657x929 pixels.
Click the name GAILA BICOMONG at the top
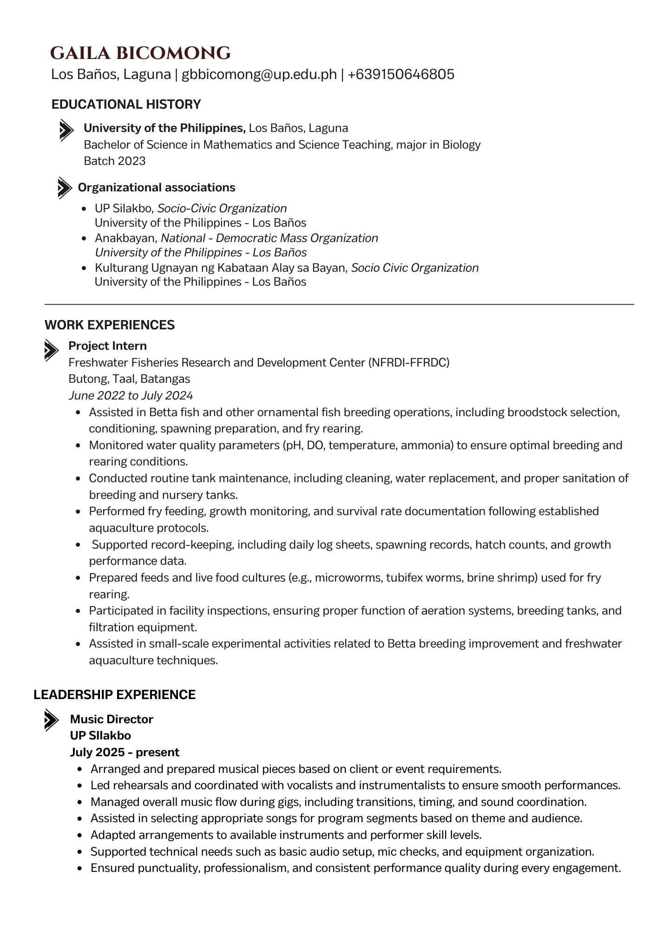point(140,53)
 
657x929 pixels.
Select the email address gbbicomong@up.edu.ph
point(259,74)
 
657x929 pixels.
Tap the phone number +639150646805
point(401,74)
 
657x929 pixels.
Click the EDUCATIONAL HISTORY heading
point(126,104)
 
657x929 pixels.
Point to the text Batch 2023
point(114,161)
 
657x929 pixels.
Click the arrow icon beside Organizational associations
point(65,188)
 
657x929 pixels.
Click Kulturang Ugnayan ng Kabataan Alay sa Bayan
point(221,268)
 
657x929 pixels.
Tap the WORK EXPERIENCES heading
point(110,325)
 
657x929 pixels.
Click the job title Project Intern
point(107,346)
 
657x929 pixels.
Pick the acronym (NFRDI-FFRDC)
point(409,362)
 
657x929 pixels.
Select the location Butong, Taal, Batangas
point(129,379)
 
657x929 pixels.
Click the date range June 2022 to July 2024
point(131,396)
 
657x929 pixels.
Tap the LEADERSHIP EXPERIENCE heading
point(114,695)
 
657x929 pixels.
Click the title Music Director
point(112,720)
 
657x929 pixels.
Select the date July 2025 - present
point(125,752)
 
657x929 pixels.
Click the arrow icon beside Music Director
point(51,720)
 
